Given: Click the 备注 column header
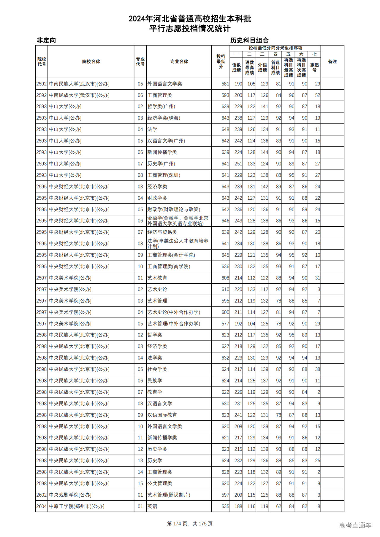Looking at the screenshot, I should tap(332, 61).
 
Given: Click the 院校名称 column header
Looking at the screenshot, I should tap(91, 61).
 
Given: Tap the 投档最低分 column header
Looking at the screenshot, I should tap(221, 61).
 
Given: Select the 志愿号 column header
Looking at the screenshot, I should tap(314, 67).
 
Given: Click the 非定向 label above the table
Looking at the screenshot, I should tap(46, 40).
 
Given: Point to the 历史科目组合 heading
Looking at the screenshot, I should tap(249, 40).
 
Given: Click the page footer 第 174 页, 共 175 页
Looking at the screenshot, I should tap(190, 524).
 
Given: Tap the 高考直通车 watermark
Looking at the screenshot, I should tap(355, 525).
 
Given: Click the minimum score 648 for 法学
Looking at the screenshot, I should tap(225, 129).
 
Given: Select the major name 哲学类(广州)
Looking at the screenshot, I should tap(161, 107).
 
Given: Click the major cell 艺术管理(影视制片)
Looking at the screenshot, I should tap(169, 495).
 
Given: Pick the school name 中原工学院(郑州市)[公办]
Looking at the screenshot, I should tap(77, 506).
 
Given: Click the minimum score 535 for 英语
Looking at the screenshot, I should tap(225, 506).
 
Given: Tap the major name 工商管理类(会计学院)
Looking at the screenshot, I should tap(171, 255).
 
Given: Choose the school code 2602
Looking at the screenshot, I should tap(42, 495).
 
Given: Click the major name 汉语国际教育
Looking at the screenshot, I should tap(162, 415).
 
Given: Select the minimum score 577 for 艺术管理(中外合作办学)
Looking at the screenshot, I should tap(225, 324).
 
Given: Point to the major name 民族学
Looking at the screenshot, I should tap(155, 381).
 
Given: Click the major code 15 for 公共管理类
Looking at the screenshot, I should tap(140, 484).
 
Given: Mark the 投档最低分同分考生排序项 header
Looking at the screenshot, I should tap(275, 48).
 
